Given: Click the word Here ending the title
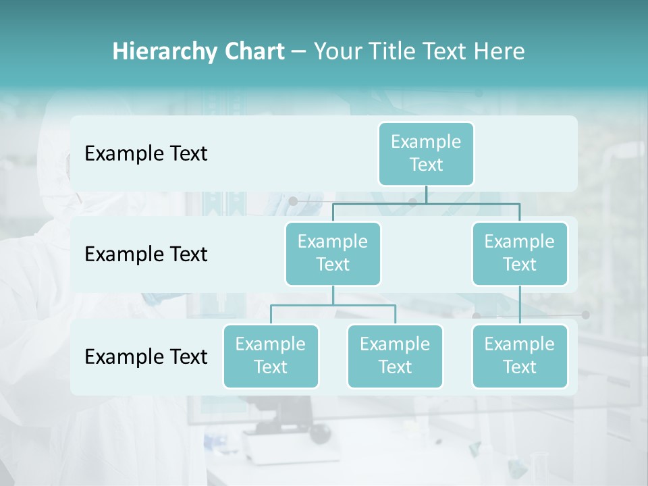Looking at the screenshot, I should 500,52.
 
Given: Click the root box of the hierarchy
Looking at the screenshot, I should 426,153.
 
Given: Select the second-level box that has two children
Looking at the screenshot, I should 333,253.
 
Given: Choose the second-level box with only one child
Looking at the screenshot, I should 520,253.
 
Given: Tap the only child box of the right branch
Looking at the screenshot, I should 520,356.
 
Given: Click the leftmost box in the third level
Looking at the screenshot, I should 271,356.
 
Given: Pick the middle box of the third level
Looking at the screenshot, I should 395,356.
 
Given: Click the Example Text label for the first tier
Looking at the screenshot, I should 146,154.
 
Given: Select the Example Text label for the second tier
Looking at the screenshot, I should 146,254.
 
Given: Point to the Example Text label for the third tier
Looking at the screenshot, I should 146,356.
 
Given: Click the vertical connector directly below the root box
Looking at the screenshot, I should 426,194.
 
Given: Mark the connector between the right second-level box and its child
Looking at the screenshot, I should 520,305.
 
